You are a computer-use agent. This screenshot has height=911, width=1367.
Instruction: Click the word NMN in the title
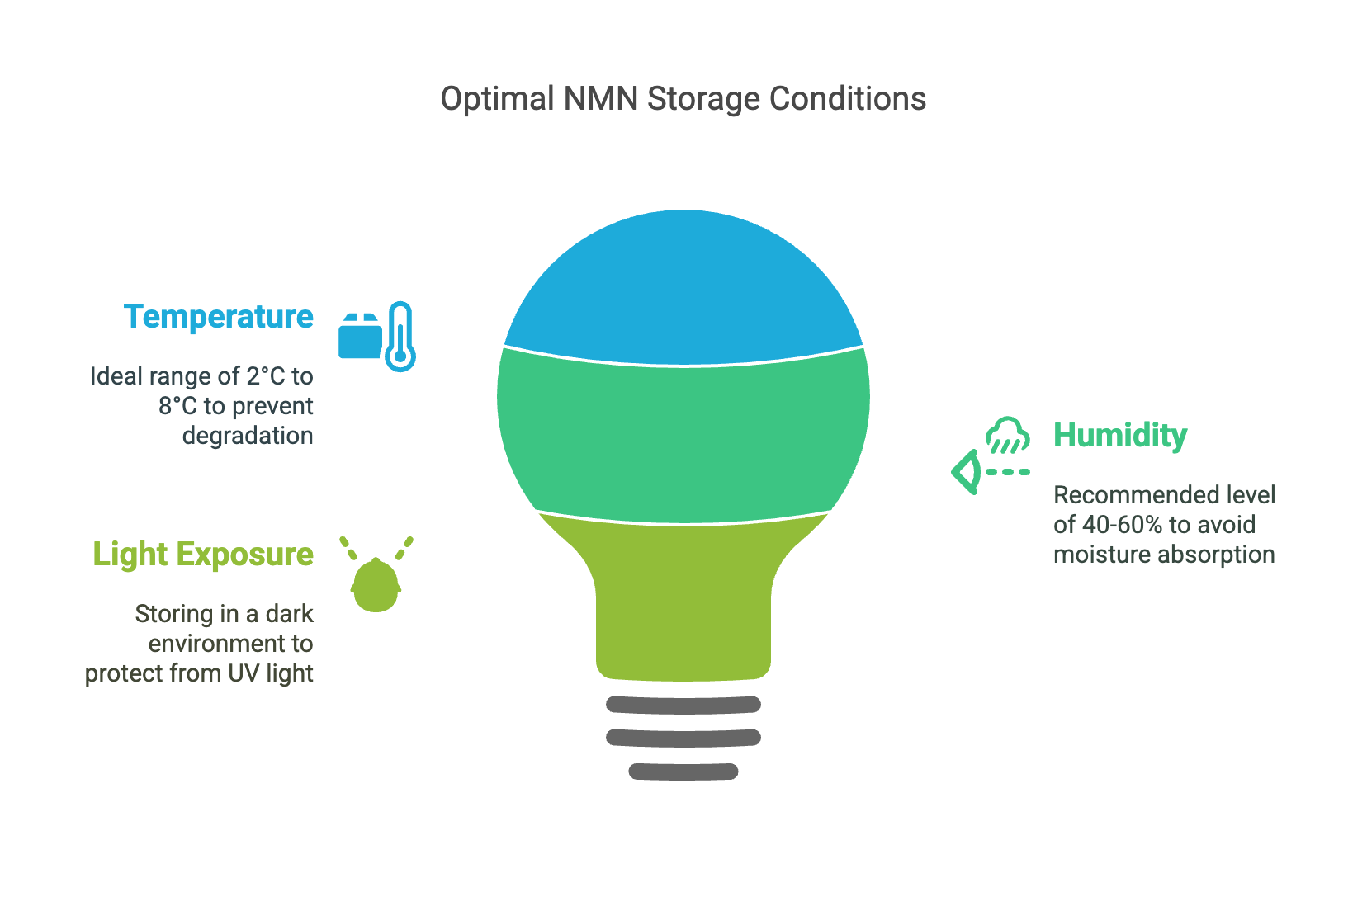tap(600, 99)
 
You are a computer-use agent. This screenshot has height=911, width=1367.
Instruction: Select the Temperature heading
tap(219, 317)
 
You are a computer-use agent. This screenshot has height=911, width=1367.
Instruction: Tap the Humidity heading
tap(1120, 436)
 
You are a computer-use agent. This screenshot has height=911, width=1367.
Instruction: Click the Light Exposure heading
tap(203, 554)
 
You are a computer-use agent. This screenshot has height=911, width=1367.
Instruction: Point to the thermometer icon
tap(400, 336)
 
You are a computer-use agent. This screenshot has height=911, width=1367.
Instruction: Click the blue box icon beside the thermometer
tap(360, 336)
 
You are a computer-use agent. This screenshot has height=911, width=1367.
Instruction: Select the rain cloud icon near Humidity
tap(1008, 435)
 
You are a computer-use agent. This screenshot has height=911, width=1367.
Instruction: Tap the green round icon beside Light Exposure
tap(376, 585)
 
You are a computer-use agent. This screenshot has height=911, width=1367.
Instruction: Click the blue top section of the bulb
tap(683, 287)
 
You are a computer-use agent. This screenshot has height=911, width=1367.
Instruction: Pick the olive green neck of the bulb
tap(683, 598)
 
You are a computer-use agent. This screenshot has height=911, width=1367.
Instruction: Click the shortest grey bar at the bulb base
tap(683, 772)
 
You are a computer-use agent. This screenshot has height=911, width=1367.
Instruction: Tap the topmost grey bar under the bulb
tap(683, 705)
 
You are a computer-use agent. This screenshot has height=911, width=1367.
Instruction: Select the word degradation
tap(248, 437)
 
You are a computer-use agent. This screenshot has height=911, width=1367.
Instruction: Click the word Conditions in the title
tap(848, 99)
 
